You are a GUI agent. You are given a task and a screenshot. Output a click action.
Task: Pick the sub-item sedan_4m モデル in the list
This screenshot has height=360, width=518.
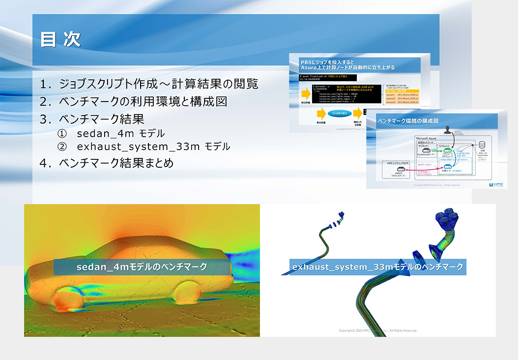(x=120, y=133)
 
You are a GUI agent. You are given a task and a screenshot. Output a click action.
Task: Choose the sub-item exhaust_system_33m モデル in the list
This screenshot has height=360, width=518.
(x=153, y=147)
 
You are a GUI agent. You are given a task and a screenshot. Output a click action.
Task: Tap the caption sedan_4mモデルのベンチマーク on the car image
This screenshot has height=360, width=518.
(x=142, y=267)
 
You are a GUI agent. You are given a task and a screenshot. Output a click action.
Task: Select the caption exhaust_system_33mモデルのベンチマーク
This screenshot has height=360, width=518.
(x=377, y=267)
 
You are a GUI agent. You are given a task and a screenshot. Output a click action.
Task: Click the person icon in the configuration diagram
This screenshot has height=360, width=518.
(x=448, y=129)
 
